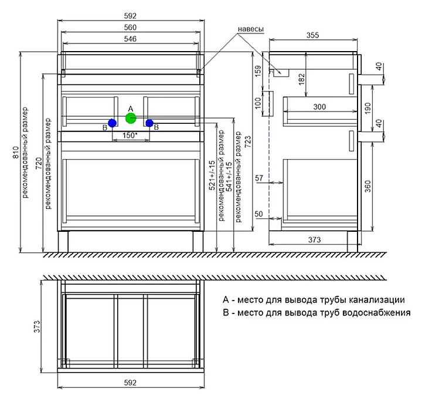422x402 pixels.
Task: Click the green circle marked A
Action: tap(131, 119)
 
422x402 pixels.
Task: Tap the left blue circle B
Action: tap(112, 123)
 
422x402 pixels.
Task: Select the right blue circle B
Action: tap(149, 123)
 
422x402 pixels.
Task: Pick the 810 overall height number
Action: tap(16, 153)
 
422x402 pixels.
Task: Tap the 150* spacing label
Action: tap(130, 135)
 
